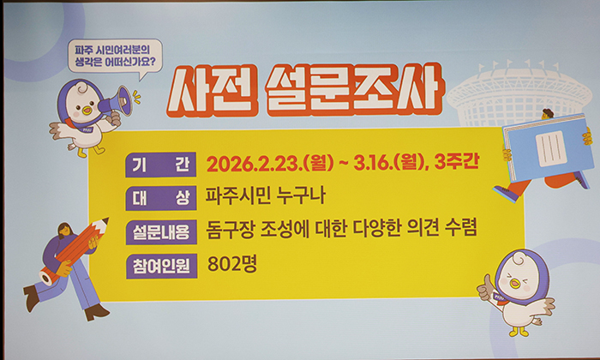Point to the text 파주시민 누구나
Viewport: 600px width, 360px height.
pyautogui.click(x=255, y=197)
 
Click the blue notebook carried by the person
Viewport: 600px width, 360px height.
pyautogui.click(x=547, y=146)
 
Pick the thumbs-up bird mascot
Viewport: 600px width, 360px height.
pyautogui.click(x=519, y=291)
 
